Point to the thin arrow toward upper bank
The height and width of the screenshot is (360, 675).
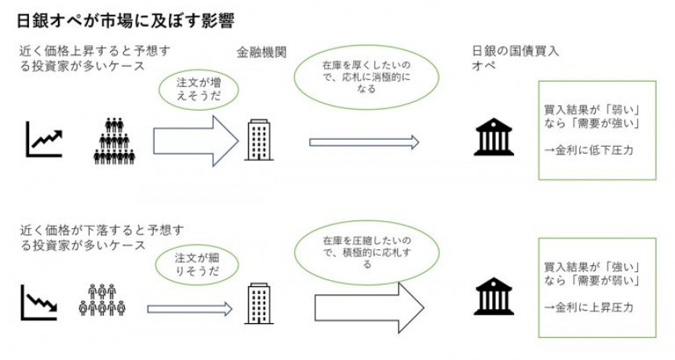[364, 142]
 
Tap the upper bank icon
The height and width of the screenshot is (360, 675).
[492, 139]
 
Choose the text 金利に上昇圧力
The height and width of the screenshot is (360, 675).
[588, 307]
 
